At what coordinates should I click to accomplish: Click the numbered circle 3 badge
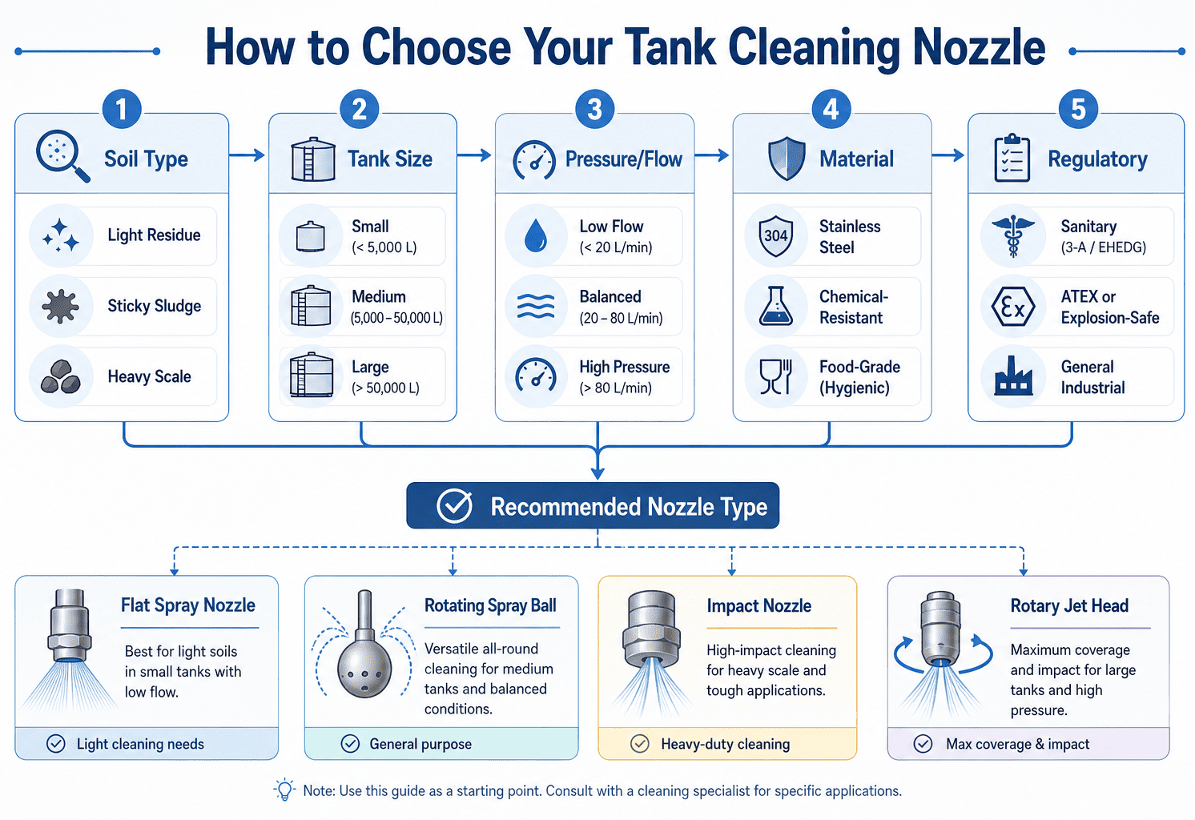594,110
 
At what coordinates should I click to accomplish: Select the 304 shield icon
775,235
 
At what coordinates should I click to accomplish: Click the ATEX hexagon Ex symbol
1012,307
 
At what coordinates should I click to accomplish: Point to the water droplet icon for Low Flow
536,235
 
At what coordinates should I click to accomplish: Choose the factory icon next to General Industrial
1012,376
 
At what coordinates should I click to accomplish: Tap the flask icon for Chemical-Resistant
775,306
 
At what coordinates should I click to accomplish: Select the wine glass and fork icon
775,376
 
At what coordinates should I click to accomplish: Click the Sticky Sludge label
154,306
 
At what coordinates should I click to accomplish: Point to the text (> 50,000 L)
385,388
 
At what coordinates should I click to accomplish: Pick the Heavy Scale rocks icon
61,376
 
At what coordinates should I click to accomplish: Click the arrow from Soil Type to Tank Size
247,155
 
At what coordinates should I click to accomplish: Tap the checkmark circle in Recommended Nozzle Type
454,506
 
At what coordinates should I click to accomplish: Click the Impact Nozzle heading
758,606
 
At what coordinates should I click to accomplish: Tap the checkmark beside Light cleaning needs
55,744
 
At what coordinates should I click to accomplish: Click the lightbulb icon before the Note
284,789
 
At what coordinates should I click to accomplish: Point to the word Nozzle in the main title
979,48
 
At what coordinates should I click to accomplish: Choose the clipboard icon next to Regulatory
1012,159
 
